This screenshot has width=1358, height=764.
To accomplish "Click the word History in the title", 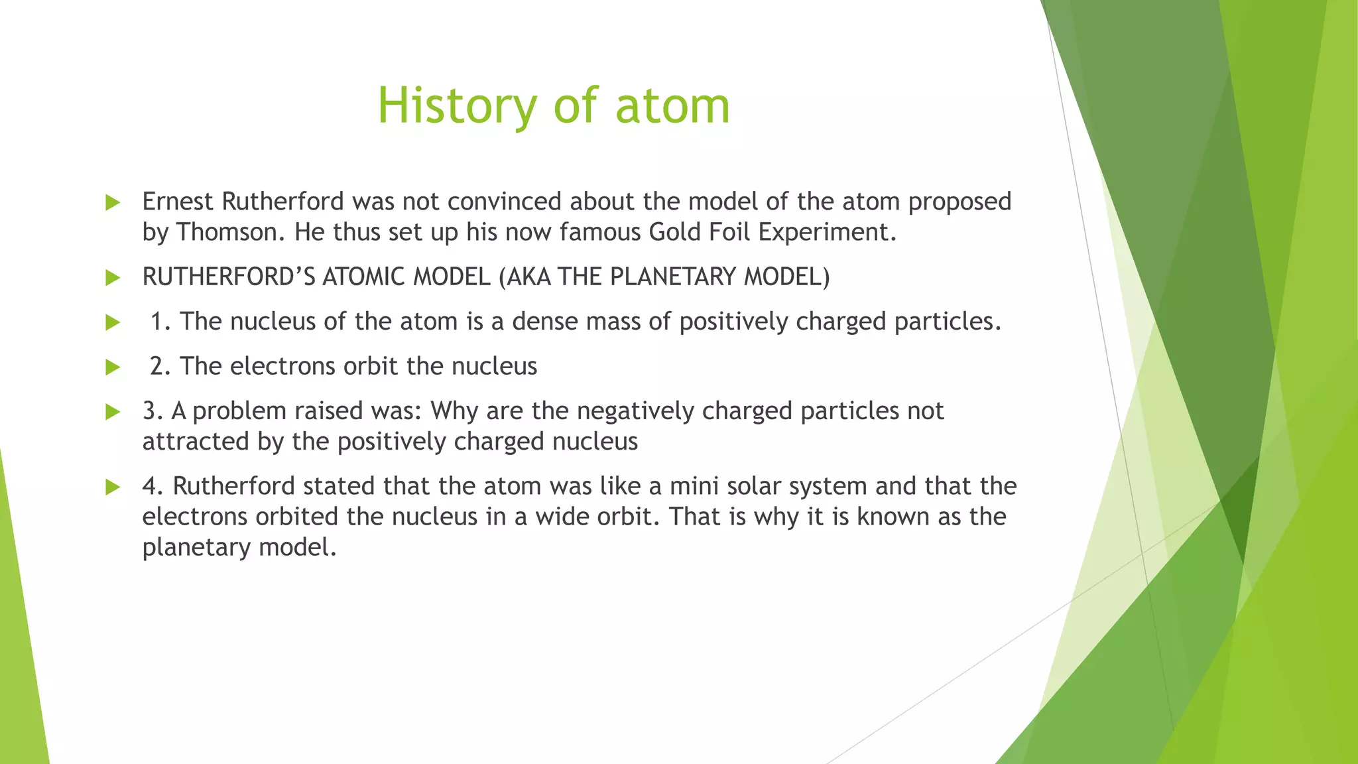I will tap(456, 106).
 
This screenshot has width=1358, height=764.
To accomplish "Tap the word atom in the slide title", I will tap(672, 106).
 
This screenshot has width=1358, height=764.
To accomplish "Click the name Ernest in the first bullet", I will tap(177, 202).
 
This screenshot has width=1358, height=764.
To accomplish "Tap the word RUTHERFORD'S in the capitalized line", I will tap(229, 277).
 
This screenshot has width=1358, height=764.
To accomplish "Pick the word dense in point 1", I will tap(545, 322).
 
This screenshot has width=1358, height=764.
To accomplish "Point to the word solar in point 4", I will tap(751, 487).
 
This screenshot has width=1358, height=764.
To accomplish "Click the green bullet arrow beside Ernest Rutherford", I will tap(113, 203).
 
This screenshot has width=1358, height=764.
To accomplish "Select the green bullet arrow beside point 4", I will tap(113, 487).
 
